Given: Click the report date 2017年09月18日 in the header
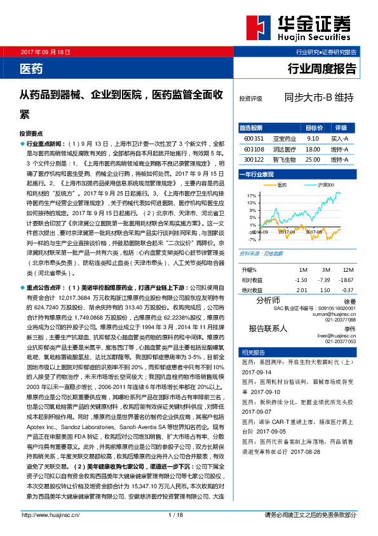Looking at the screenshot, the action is (x=46, y=51).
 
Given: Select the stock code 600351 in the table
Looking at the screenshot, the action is (x=253, y=137).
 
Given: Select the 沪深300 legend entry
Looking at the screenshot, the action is (x=325, y=185).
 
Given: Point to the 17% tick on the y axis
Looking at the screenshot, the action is (x=252, y=195).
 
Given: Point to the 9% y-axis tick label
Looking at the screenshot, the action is (x=252, y=210).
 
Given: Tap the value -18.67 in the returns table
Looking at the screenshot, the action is (x=347, y=279).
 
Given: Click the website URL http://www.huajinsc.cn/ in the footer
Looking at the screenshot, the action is (x=51, y=532).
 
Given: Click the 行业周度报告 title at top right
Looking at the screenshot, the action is (x=323, y=67).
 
